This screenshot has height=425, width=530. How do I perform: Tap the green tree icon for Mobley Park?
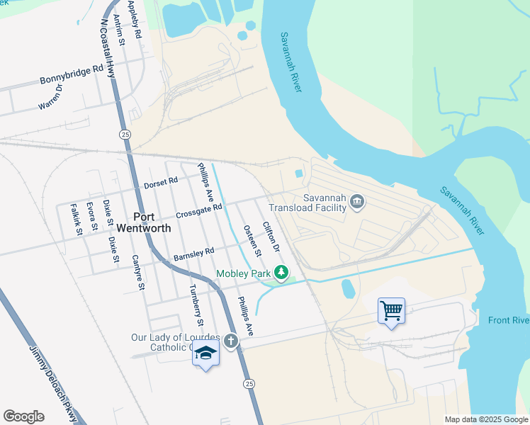tap(282, 272)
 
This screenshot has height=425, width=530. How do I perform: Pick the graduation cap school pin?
tap(205, 353)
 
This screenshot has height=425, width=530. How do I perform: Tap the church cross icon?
tap(230, 341)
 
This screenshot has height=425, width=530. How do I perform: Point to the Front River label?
tap(508, 321)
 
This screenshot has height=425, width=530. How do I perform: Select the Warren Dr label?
tap(51, 97)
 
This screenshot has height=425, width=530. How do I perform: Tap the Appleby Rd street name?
tap(134, 19)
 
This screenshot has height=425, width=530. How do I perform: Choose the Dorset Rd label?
tap(161, 183)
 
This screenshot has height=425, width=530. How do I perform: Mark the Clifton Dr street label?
tap(271, 238)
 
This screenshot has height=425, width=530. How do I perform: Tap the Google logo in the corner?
tap(23, 416)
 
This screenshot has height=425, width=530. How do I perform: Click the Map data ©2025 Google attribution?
tap(485, 419)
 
